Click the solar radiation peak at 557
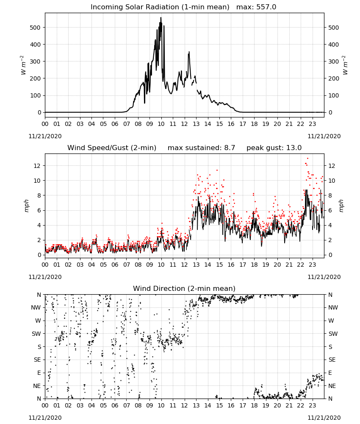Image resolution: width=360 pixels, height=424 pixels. point(161,18)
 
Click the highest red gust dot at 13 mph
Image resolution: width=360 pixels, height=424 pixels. point(307,159)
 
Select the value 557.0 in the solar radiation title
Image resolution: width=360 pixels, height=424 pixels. point(266,7)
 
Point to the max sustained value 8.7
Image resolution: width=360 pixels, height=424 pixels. point(230,148)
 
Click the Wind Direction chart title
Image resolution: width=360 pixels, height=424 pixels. point(184,288)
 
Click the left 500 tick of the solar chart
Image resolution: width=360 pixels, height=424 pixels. point(36,28)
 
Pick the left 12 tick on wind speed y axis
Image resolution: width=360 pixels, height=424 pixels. point(37,166)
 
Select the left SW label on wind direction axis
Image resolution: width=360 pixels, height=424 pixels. point(36,334)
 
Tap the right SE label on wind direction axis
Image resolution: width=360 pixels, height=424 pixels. point(332,360)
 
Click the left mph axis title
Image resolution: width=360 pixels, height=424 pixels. point(26,206)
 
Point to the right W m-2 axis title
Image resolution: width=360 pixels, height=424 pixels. point(345,65)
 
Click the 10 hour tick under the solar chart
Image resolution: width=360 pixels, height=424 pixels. point(161,124)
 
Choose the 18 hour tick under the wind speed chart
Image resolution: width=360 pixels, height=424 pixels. point(254,265)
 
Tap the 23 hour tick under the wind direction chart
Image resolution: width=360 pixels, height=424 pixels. point(312,406)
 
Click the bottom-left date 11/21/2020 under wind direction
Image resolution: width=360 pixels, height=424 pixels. point(45,418)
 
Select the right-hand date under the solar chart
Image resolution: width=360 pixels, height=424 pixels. point(324,136)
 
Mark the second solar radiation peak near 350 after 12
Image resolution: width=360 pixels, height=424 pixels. point(189,52)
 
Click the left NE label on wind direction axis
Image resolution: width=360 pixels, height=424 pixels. point(37,386)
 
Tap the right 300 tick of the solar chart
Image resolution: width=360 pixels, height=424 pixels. point(334,61)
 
